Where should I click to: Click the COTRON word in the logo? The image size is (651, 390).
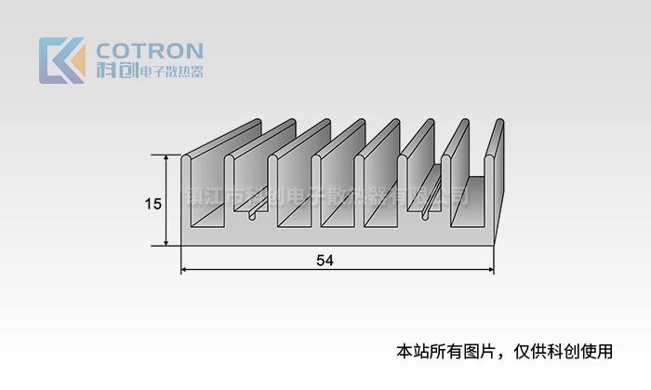(149, 50)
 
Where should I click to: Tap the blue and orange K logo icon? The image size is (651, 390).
(61, 61)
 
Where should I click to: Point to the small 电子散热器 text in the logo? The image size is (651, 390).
(170, 72)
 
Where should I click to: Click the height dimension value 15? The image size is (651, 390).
(153, 202)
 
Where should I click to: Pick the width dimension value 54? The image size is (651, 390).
(324, 261)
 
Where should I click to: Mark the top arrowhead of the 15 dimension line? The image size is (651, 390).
(167, 158)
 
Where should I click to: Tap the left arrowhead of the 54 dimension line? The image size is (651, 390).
(184, 270)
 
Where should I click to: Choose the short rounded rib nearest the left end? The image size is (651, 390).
(252, 215)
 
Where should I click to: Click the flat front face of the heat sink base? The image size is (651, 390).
(335, 237)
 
